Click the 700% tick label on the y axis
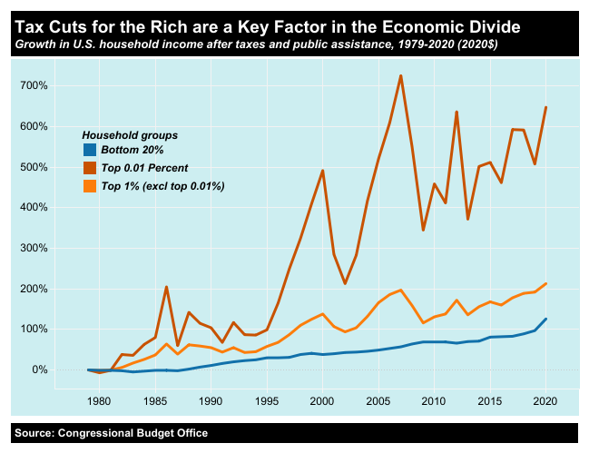pyautogui.click(x=33, y=85)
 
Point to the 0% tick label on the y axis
pyautogui.click(x=38, y=369)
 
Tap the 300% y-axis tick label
pyautogui.click(x=33, y=248)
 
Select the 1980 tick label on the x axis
pyautogui.click(x=99, y=400)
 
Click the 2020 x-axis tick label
pyautogui.click(x=545, y=400)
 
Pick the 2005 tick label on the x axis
pyautogui.click(x=378, y=400)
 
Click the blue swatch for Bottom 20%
pyautogui.click(x=89, y=150)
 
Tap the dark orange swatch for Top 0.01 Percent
pyautogui.click(x=89, y=168)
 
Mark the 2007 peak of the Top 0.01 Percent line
pyautogui.click(x=400, y=75)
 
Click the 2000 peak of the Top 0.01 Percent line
pyautogui.click(x=322, y=171)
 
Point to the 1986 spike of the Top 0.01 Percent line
pyautogui.click(x=166, y=287)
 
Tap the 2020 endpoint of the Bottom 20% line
pyautogui.click(x=545, y=319)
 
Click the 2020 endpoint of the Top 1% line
pyautogui.click(x=545, y=283)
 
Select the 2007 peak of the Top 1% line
pyautogui.click(x=400, y=291)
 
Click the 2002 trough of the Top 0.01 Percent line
pyautogui.click(x=345, y=284)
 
